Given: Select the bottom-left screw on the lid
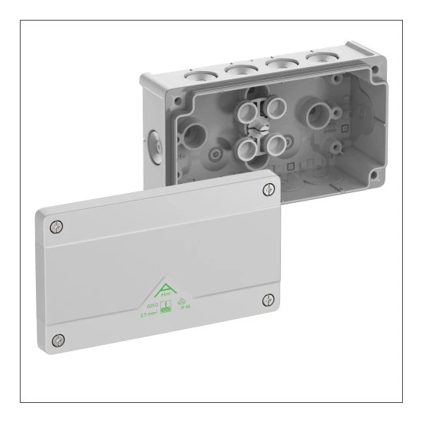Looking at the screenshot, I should click(x=59, y=340).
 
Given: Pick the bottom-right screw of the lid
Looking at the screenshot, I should click(x=269, y=300).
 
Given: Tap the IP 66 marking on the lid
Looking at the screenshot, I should click(x=183, y=306).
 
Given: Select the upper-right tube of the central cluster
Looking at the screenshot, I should click(x=276, y=108).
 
